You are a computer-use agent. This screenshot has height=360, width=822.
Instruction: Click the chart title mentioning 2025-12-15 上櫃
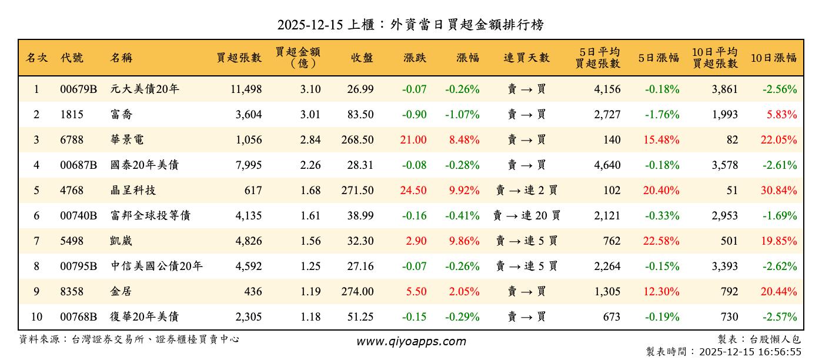410,25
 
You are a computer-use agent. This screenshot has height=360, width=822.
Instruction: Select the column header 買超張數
239,58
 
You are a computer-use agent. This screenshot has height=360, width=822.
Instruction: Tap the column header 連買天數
526,58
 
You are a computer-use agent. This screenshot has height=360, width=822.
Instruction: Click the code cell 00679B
78,89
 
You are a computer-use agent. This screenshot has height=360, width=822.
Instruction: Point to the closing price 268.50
357,140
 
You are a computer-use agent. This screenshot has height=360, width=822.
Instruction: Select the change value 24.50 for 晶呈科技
415,191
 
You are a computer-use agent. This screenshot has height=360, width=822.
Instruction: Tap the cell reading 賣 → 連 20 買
526,216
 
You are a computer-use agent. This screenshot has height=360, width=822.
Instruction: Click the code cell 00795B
78,266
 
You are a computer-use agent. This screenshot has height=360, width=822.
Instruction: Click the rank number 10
36,317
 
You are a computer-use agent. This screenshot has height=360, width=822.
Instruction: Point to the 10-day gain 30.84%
779,191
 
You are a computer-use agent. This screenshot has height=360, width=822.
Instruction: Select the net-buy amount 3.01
310,115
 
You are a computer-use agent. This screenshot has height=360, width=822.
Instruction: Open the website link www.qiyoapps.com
411,341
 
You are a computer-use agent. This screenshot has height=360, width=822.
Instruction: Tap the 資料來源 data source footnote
129,339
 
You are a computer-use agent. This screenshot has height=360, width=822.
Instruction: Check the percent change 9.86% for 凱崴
464,241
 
